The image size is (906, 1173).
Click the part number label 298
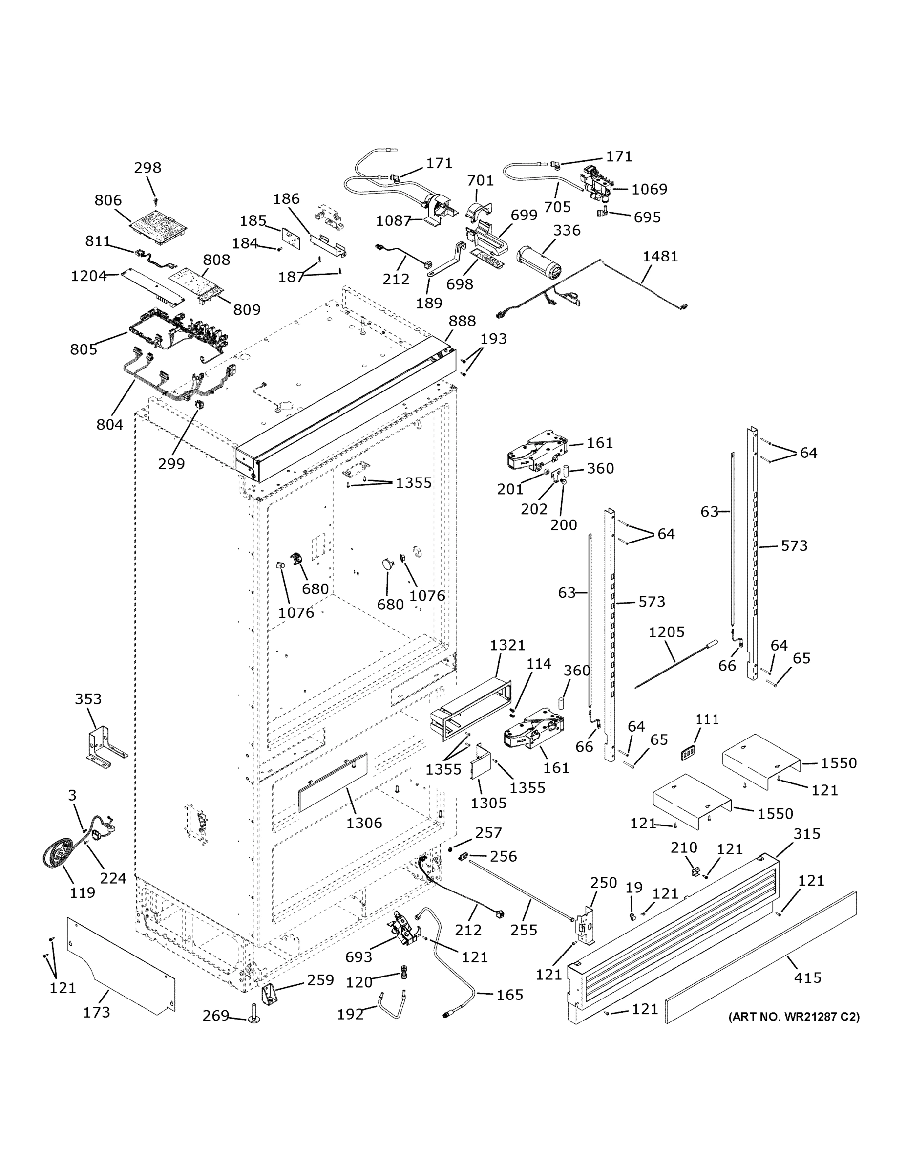point(147,168)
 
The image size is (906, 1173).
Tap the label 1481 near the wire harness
point(660,256)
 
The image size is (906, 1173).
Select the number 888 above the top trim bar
point(462,321)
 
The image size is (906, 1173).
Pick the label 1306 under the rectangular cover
point(364,823)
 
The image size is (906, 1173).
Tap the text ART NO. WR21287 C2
point(794,1017)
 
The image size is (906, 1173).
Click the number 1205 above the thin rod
point(666,632)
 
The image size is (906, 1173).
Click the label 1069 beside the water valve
point(649,189)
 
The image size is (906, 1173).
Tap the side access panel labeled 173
point(121,965)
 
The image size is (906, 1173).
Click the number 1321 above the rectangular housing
point(506,645)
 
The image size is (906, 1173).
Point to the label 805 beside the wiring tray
point(84,349)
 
